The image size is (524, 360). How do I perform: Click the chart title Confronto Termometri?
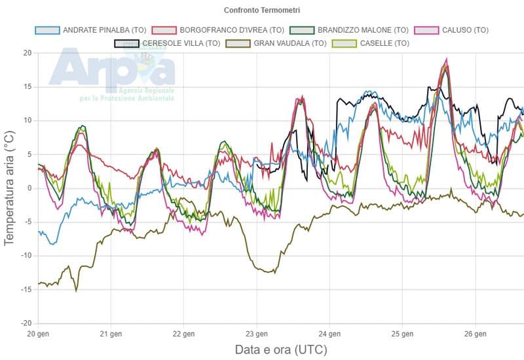click(262, 10)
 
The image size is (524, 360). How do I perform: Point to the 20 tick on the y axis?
click(28, 52)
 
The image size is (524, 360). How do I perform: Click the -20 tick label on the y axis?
click(26, 323)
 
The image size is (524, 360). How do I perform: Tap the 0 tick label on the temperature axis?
click(29, 188)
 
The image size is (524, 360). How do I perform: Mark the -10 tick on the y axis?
click(26, 256)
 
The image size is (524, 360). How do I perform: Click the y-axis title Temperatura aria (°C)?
click(9, 188)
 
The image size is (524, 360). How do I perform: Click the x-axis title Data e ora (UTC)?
click(280, 350)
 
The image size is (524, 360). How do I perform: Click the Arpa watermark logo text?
click(111, 69)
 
